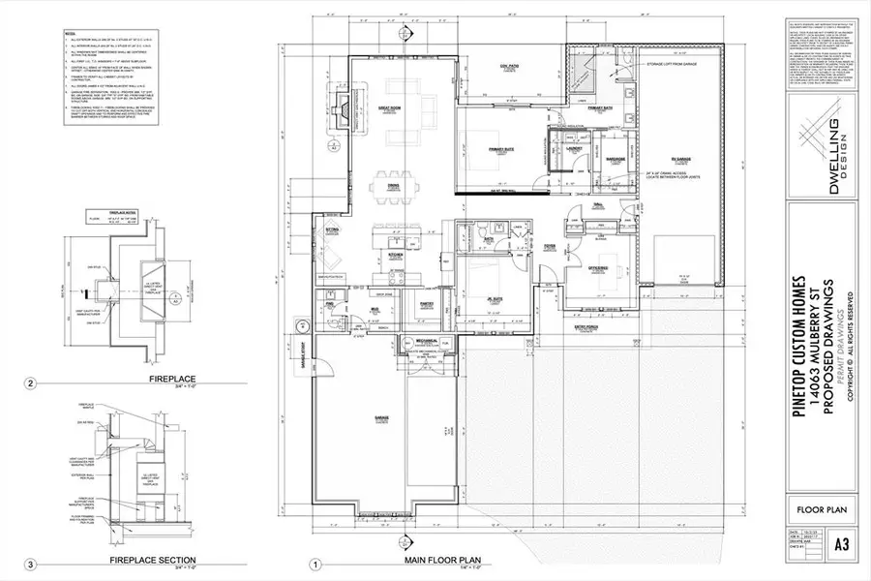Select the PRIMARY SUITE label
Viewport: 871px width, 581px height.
pyautogui.click(x=500, y=148)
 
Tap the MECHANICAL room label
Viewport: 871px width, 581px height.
pyautogui.click(x=423, y=341)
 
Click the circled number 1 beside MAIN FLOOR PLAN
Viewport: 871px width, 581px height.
pyautogui.click(x=314, y=564)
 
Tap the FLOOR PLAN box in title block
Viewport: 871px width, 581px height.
pyautogui.click(x=821, y=506)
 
